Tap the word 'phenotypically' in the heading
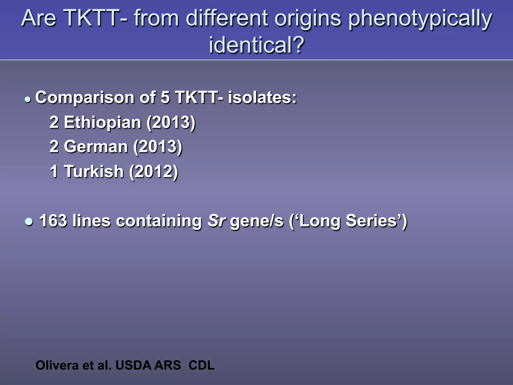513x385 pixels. point(420,19)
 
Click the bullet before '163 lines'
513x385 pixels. point(29,222)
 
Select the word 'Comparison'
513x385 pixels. point(85,97)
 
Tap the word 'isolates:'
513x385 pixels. point(262,97)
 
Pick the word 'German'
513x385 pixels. point(96,146)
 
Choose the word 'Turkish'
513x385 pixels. point(94,171)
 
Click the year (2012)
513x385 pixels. point(153,171)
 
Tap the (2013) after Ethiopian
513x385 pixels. point(171,122)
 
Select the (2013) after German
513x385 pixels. point(158,147)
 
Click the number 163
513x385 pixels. point(53,221)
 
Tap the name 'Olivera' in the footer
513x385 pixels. point(57,365)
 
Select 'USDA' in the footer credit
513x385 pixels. point(134,365)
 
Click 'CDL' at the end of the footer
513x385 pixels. point(201,365)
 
